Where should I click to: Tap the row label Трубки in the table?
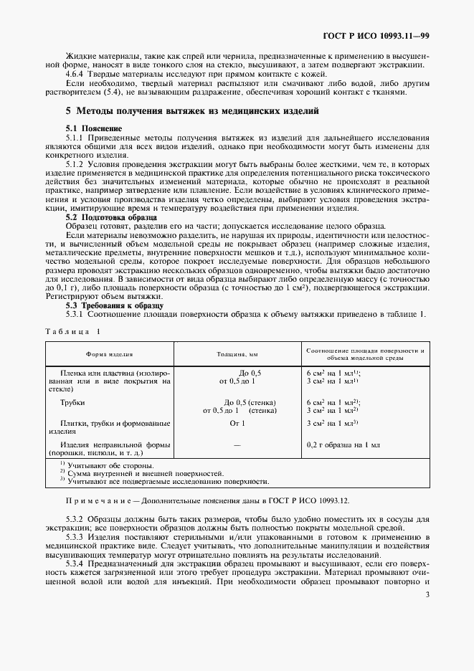pyautogui.click(x=73, y=403)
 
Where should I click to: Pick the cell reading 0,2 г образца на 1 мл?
pyautogui.click(x=343, y=444)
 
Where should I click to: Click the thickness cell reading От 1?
pyautogui.click(x=237, y=424)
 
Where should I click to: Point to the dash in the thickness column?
pyautogui.click(x=237, y=444)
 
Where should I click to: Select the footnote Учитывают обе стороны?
pyautogui.click(x=110, y=465)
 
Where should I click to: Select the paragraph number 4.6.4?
pyautogui.click(x=77, y=75)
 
